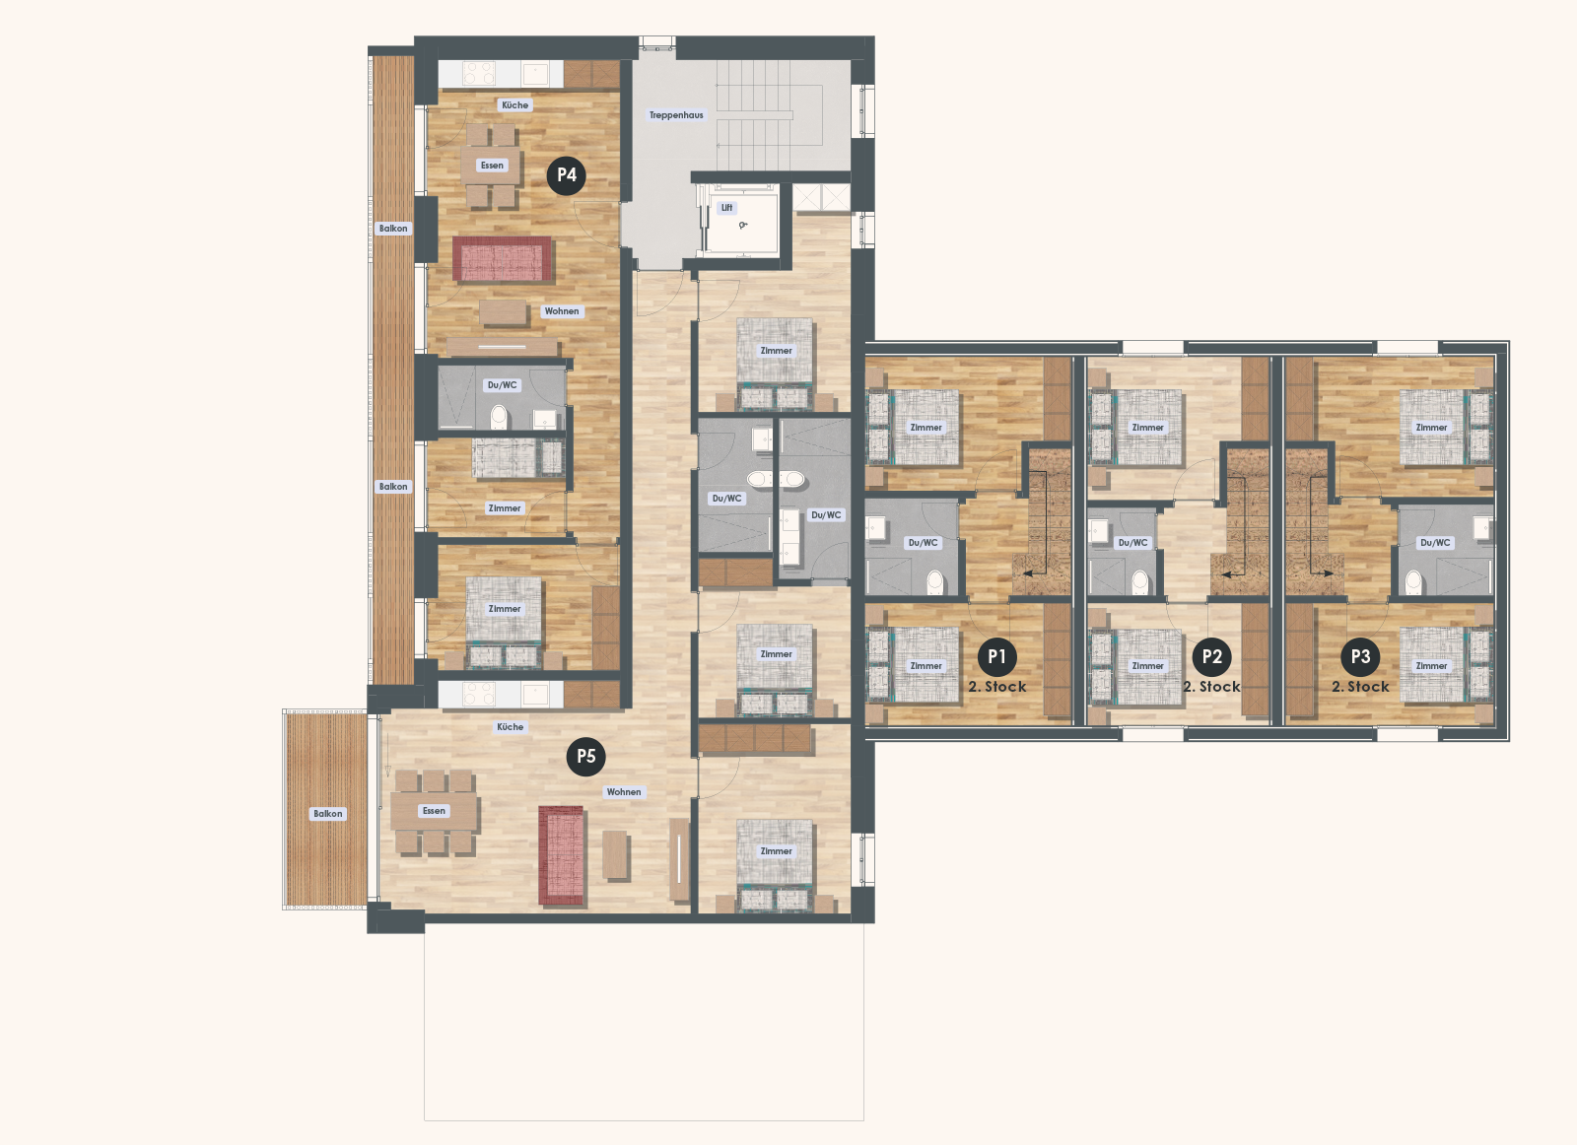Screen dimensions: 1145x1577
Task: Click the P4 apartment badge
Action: click(567, 175)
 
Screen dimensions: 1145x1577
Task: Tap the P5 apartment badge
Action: click(586, 757)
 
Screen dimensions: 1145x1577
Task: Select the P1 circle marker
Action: click(996, 657)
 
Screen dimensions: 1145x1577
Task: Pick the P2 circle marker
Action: click(1212, 657)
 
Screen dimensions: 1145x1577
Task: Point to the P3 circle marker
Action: click(1360, 657)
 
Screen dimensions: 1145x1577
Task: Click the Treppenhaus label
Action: click(676, 115)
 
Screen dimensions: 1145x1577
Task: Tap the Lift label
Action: click(726, 208)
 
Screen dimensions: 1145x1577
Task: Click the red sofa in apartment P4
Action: click(503, 259)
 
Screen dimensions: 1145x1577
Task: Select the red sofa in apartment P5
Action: click(562, 854)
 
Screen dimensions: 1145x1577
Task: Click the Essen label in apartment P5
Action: click(434, 811)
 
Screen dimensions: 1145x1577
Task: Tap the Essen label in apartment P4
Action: click(492, 166)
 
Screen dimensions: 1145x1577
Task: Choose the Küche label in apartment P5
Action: click(511, 727)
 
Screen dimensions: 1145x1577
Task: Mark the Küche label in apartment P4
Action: click(514, 105)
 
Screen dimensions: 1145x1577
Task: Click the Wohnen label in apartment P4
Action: click(562, 311)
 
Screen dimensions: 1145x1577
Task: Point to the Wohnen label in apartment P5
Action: click(624, 792)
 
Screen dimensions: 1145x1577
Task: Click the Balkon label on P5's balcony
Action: click(328, 814)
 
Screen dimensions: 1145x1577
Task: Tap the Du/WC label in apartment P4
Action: click(502, 385)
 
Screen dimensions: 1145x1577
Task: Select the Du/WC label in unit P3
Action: click(1435, 543)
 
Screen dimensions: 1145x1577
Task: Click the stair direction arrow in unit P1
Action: click(1033, 572)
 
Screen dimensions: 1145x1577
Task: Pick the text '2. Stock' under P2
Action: click(1212, 687)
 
